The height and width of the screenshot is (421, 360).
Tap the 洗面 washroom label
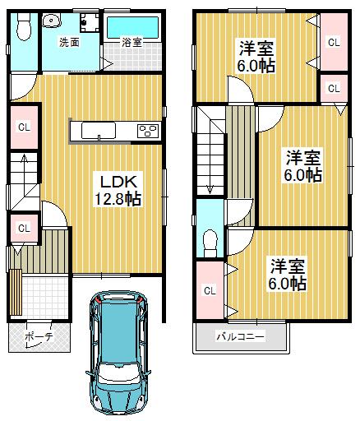click(68, 42)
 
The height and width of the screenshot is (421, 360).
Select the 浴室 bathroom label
click(132, 42)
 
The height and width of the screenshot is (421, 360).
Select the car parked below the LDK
click(120, 349)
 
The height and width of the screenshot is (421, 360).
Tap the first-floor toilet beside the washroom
click(22, 27)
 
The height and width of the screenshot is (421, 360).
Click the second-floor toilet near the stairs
click(209, 241)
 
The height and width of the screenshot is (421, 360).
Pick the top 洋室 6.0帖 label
click(256, 55)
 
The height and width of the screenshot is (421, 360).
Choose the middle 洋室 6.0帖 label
click(302, 164)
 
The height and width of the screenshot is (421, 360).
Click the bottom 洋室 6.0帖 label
click(288, 274)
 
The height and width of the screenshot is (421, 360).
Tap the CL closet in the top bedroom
click(333, 41)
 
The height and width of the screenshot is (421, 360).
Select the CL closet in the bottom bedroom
click(210, 289)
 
